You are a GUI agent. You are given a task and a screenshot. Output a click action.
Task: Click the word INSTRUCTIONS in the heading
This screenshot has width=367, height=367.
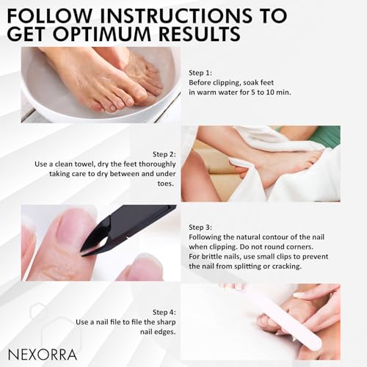pyautogui.click(x=176, y=16)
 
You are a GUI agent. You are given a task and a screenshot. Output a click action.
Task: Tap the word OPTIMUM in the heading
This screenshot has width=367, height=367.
pyautogui.click(x=104, y=34)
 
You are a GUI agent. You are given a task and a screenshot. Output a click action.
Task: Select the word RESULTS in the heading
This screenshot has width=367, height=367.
pyautogui.click(x=200, y=34)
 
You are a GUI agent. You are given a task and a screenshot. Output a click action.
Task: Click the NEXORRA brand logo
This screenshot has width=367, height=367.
pyautogui.click(x=43, y=355)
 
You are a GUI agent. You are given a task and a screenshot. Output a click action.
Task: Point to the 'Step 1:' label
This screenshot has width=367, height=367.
pyautogui.click(x=200, y=73)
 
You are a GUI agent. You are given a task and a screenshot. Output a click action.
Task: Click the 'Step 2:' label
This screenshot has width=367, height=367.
pyautogui.click(x=164, y=154)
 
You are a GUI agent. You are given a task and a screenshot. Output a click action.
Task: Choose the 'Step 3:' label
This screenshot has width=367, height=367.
pyautogui.click(x=200, y=228)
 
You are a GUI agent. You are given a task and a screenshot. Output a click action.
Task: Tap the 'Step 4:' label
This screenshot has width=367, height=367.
pyautogui.click(x=164, y=313)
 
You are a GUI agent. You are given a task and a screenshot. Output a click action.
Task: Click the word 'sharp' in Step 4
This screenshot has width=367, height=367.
pyautogui.click(x=167, y=322)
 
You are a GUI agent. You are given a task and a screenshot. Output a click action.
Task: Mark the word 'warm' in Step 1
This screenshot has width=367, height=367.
pyautogui.click(x=206, y=92)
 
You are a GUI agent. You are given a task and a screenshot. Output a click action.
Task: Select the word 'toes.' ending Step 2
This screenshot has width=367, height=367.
pyautogui.click(x=166, y=183)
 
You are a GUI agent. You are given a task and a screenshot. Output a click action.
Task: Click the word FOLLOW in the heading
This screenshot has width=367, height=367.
pyautogui.click(x=49, y=16)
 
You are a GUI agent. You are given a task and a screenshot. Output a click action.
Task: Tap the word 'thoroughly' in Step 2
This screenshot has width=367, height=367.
pyautogui.click(x=157, y=164)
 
